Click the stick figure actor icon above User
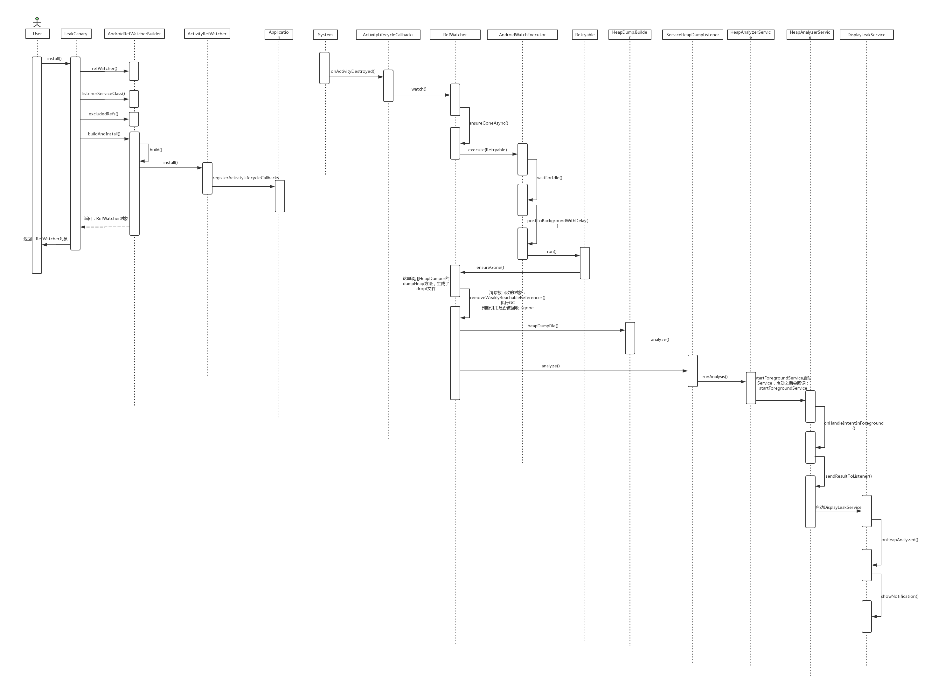click(x=37, y=22)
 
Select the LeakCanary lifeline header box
click(x=76, y=34)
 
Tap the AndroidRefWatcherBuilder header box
click(x=135, y=34)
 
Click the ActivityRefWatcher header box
click(x=207, y=34)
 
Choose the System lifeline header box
click(x=325, y=35)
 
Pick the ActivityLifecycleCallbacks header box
click(x=388, y=35)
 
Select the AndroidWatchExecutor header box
click(x=522, y=35)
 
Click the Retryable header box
click(x=585, y=35)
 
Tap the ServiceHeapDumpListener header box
click(x=692, y=35)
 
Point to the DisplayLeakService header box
click(x=866, y=35)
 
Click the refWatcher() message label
click(x=105, y=68)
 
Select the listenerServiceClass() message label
click(x=103, y=93)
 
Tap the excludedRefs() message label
click(x=103, y=114)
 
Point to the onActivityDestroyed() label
click(x=353, y=71)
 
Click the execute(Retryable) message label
click(x=488, y=150)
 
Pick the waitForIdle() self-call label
click(x=549, y=178)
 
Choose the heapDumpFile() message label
click(x=543, y=326)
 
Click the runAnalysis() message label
click(x=715, y=377)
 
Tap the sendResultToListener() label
click(x=848, y=476)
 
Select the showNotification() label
click(x=900, y=596)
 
